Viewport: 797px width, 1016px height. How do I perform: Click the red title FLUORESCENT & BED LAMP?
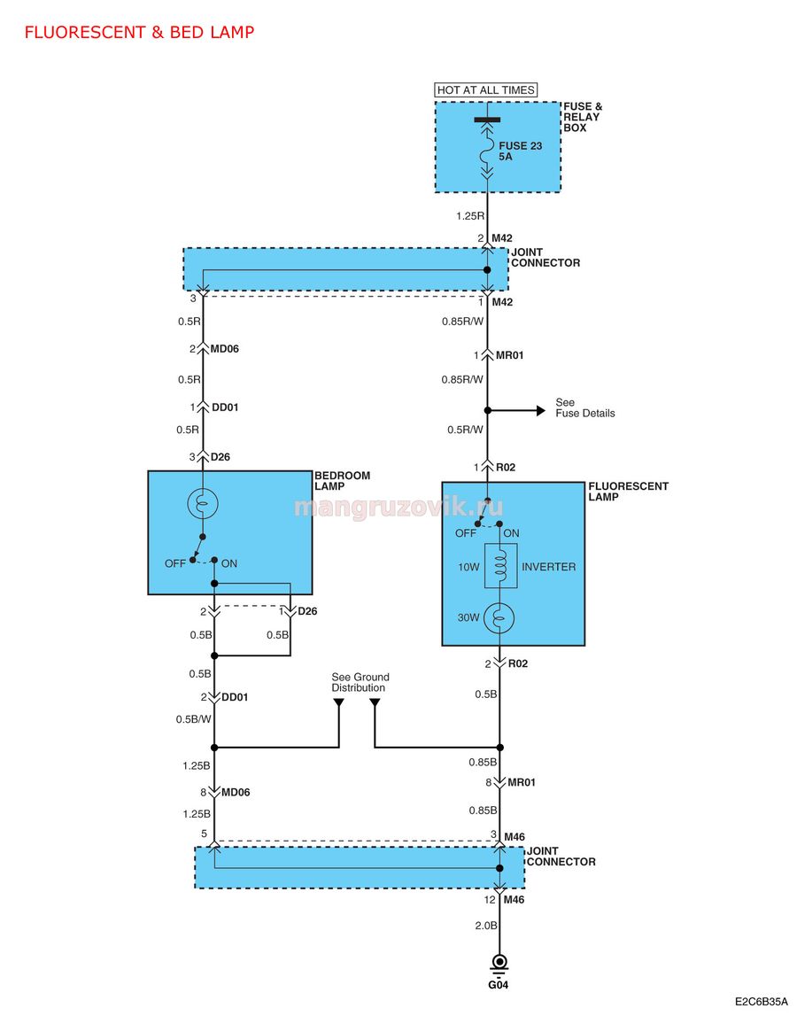click(139, 32)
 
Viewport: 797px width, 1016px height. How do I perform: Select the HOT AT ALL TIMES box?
click(486, 90)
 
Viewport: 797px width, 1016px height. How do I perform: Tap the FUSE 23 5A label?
click(521, 151)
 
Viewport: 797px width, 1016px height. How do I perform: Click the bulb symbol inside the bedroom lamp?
click(203, 503)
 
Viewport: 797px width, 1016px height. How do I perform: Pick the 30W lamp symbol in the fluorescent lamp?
click(499, 618)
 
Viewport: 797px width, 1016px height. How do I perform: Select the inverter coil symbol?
click(500, 566)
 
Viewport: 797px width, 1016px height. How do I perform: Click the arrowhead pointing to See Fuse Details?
click(540, 410)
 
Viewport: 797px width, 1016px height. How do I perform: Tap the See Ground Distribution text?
click(360, 682)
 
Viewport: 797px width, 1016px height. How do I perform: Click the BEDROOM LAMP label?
click(342, 481)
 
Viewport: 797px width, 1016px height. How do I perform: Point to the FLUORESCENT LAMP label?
click(628, 491)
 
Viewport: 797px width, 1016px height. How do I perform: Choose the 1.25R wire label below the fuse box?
click(469, 216)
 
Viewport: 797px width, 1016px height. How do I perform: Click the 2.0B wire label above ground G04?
click(486, 926)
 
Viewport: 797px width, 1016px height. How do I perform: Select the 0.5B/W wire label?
click(193, 719)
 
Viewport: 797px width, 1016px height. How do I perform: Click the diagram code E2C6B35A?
click(762, 1002)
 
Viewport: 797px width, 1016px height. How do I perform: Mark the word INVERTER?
click(548, 567)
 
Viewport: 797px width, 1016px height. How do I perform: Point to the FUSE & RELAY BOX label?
click(583, 117)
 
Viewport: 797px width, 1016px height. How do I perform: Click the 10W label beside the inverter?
click(468, 567)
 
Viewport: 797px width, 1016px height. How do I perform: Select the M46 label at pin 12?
click(514, 899)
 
